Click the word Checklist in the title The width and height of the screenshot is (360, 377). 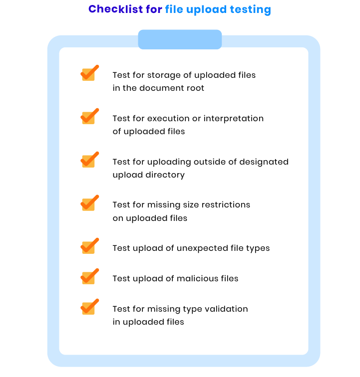115,9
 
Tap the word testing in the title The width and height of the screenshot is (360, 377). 251,10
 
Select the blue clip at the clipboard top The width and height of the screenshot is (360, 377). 180,39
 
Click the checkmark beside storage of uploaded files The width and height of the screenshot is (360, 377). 89,73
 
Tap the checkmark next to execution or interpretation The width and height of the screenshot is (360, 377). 89,116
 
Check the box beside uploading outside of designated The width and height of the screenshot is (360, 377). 89,160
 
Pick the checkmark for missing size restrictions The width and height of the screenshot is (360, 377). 89,202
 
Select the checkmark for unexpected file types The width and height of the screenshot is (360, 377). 89,246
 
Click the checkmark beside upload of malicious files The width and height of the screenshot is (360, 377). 89,276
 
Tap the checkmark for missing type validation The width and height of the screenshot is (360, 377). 89,307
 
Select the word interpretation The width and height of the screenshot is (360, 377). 234,119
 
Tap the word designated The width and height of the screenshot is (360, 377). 264,162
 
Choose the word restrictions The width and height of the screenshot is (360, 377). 226,204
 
